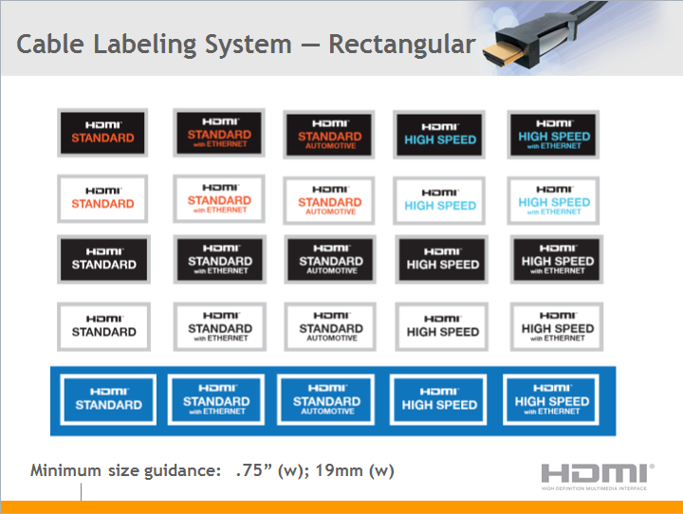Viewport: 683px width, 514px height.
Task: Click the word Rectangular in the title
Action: (402, 45)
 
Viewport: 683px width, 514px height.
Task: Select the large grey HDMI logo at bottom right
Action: (597, 475)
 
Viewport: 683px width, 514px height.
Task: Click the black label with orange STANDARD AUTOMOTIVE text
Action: (329, 133)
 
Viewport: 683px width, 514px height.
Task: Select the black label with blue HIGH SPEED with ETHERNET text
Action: (554, 133)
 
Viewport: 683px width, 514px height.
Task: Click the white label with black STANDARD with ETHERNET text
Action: (219, 327)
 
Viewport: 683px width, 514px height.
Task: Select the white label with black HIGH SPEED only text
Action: (442, 327)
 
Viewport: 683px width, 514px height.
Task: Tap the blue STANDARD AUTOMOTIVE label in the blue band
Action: (326, 400)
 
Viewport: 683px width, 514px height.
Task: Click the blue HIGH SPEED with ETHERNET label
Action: (552, 400)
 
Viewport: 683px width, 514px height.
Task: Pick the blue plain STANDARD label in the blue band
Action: (108, 400)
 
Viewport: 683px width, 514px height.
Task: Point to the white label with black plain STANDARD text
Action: (103, 327)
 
